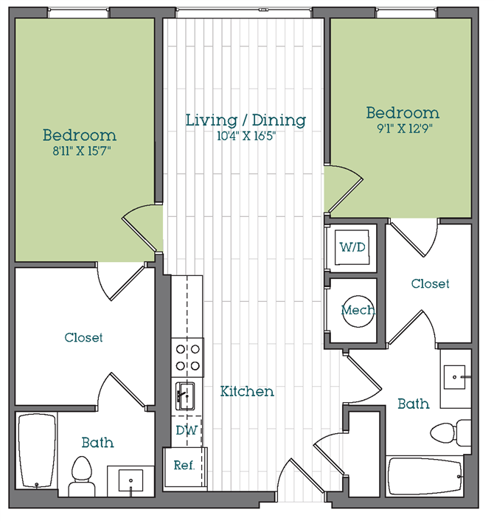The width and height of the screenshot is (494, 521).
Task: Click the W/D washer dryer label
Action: (x=352, y=247)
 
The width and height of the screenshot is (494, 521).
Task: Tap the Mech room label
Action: (x=358, y=310)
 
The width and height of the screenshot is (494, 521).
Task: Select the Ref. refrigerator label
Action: (x=184, y=465)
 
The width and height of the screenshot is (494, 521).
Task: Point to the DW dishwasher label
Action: (x=187, y=430)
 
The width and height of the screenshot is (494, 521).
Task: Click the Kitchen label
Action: (x=247, y=391)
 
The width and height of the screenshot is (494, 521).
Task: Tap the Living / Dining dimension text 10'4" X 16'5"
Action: (x=246, y=136)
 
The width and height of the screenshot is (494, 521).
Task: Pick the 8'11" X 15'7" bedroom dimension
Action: (x=82, y=151)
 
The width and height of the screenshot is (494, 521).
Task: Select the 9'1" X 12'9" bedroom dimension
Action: (x=405, y=128)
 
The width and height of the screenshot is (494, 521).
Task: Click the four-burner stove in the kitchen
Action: (x=187, y=357)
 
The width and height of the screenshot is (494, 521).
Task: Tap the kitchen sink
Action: (x=185, y=396)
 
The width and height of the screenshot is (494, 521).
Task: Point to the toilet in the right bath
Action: (x=450, y=432)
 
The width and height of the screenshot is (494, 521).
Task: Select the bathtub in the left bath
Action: (x=37, y=451)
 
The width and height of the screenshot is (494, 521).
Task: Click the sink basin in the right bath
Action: (x=454, y=377)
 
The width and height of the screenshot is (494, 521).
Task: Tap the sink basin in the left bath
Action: (x=131, y=480)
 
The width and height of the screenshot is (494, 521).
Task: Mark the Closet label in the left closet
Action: (x=83, y=337)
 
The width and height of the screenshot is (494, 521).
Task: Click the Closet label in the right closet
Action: (x=431, y=284)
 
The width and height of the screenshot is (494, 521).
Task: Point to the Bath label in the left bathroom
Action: (x=97, y=443)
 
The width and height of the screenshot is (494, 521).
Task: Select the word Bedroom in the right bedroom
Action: (x=403, y=113)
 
